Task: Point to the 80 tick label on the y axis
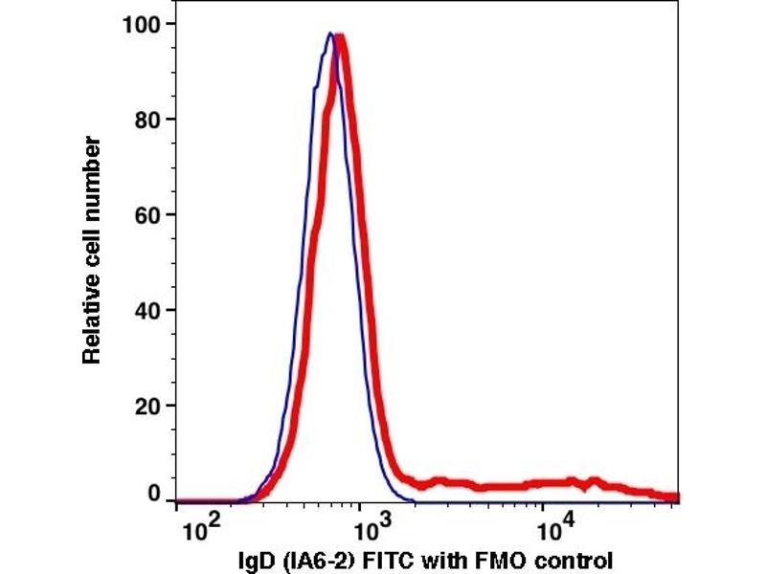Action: coord(149,120)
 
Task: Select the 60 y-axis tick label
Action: coord(149,214)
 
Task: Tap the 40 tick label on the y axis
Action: coord(149,310)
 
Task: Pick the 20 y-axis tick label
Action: coord(149,406)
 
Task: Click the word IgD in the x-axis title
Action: coord(253,559)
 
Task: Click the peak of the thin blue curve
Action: coord(328,33)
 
